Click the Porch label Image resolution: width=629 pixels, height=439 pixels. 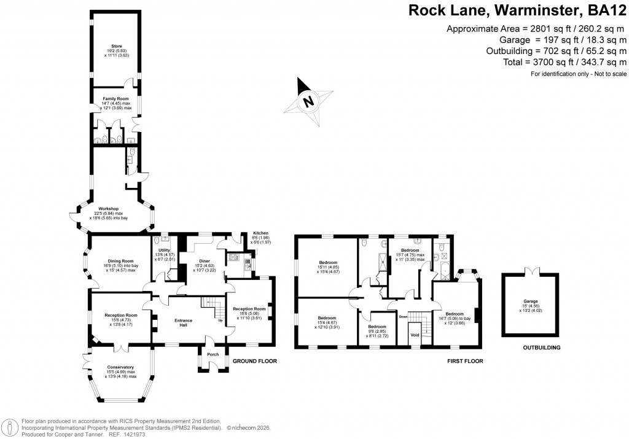click(x=212, y=354)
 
